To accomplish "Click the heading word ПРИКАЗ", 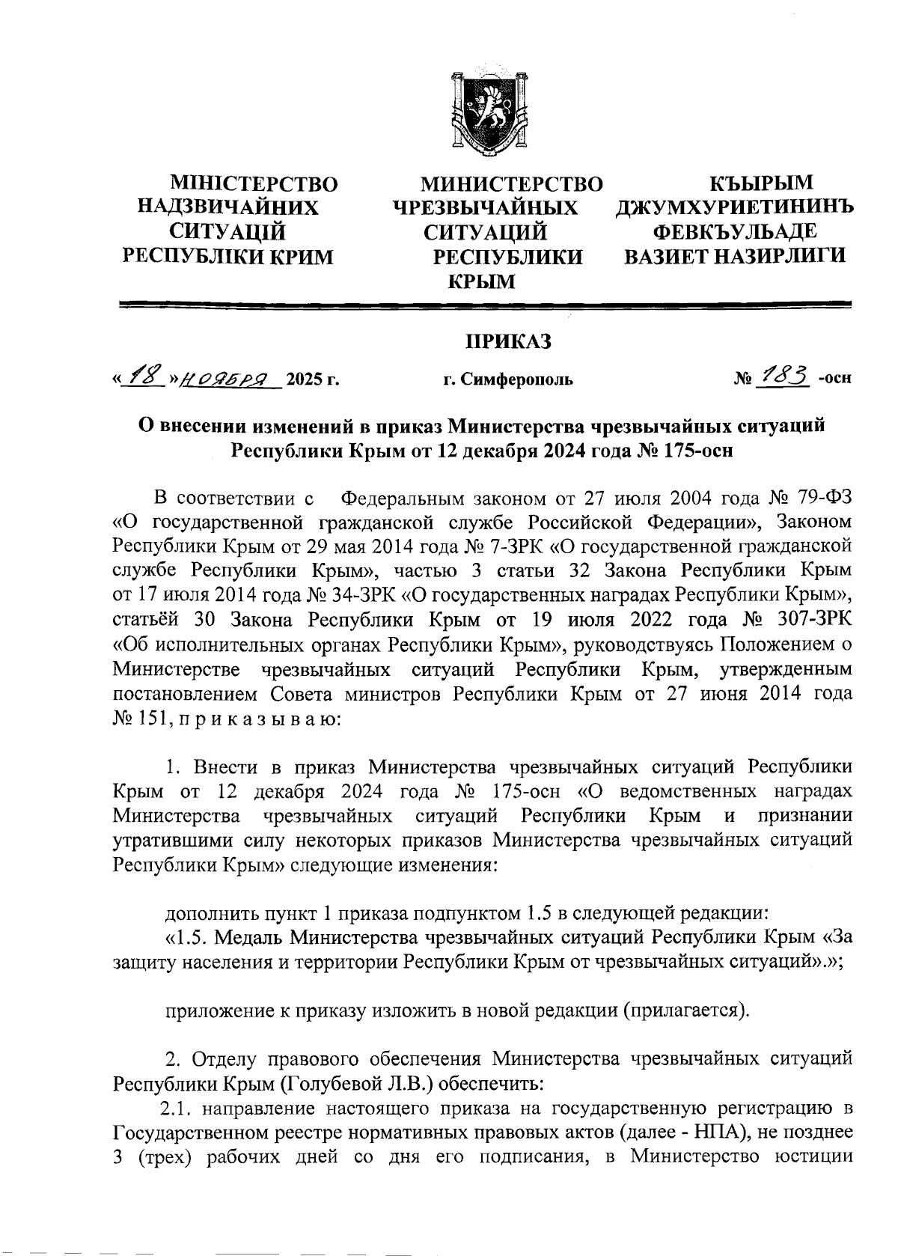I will (x=509, y=343).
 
